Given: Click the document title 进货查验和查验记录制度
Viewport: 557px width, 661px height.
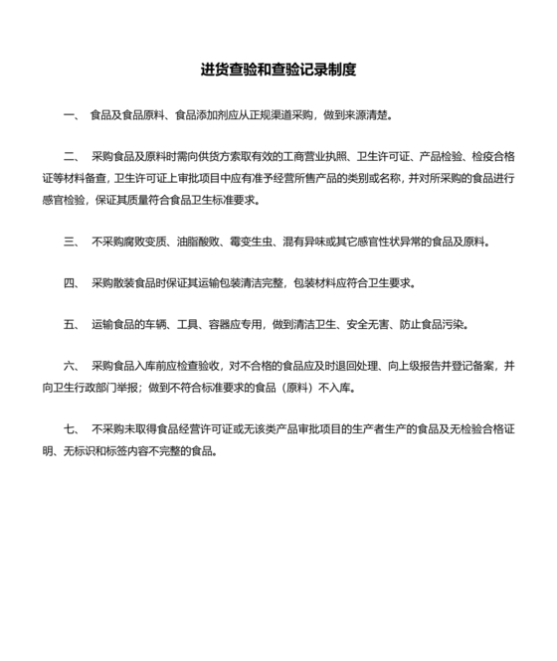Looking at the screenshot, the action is pos(278,71).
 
